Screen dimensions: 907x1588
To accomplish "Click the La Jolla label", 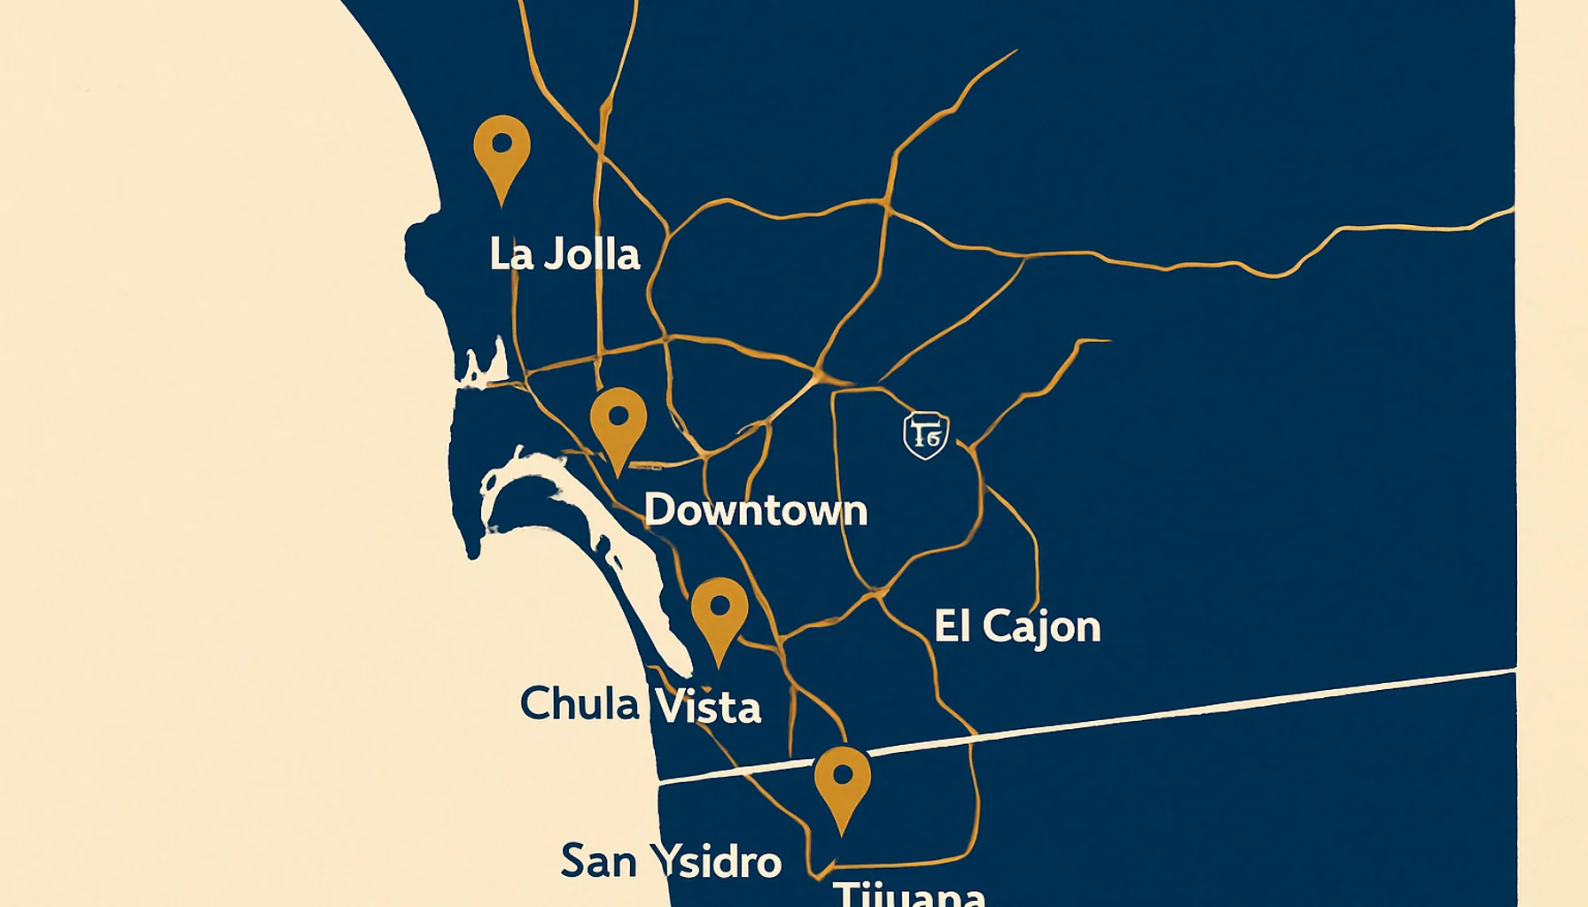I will click(x=564, y=254).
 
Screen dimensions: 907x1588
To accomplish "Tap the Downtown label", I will click(x=755, y=511).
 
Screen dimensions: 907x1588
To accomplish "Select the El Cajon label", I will click(x=1017, y=627).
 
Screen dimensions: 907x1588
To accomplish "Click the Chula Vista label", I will click(x=640, y=706).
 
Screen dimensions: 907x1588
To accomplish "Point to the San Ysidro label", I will click(x=671, y=861).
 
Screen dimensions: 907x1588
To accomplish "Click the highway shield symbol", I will click(x=926, y=435).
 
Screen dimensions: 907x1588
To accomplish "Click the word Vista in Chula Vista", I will click(x=706, y=707).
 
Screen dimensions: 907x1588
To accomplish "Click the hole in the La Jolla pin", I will click(x=502, y=143).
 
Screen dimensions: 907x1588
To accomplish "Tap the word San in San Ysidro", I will click(x=597, y=861).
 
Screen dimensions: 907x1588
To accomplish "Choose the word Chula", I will click(x=579, y=705).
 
